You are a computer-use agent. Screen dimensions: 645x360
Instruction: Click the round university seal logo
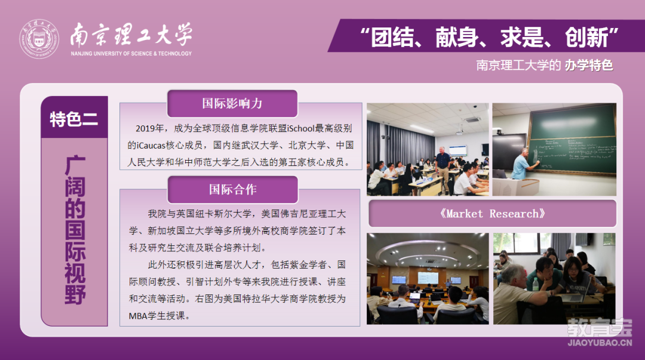[x=39, y=39]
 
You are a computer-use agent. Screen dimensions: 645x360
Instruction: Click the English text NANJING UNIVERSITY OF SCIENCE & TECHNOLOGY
[x=131, y=54]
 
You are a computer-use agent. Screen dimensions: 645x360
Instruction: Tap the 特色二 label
[x=74, y=119]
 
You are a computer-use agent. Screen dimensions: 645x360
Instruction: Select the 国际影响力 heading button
[x=232, y=103]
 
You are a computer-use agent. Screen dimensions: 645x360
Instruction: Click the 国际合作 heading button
[x=233, y=189]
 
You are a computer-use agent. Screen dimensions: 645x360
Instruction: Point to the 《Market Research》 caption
[x=492, y=214]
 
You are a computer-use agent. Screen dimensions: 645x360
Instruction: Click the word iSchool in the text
[x=300, y=128]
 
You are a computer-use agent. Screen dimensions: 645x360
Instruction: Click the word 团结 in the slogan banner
[x=392, y=38]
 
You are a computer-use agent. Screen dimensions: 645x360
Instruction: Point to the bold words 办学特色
[x=589, y=65]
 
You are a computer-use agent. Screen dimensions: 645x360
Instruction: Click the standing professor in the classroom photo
[x=443, y=169]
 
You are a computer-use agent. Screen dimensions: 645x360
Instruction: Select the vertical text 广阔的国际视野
[x=75, y=230]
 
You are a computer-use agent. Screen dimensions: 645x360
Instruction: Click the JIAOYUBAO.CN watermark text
[x=600, y=343]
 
